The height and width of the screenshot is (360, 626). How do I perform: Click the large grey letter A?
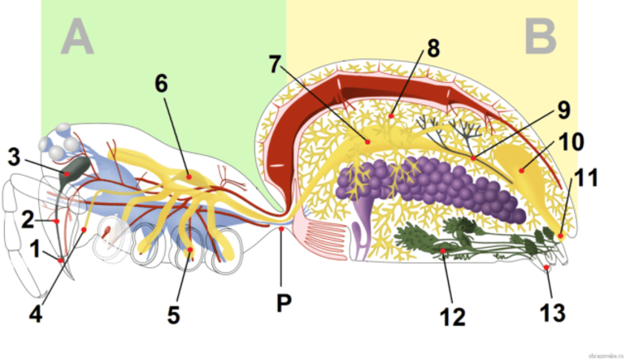click(76, 38)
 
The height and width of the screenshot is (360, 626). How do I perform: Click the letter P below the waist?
click(282, 303)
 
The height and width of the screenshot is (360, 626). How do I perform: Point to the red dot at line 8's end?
click(391, 116)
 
